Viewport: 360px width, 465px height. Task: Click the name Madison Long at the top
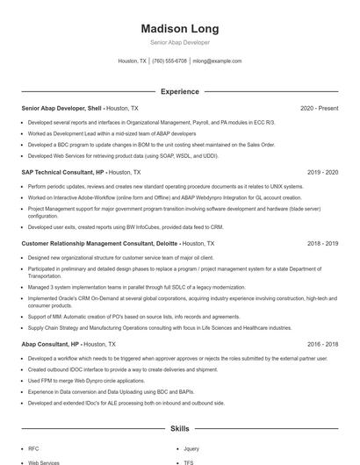click(x=180, y=29)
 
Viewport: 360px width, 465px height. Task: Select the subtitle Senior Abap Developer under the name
click(x=180, y=42)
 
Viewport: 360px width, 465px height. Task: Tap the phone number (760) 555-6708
click(x=169, y=61)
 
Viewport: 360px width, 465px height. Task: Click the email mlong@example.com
click(x=217, y=61)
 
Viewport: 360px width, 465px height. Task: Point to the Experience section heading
click(x=180, y=91)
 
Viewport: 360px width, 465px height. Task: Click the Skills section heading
click(x=180, y=429)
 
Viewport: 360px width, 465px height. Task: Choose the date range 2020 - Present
click(x=319, y=108)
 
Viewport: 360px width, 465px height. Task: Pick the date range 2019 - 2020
click(x=322, y=173)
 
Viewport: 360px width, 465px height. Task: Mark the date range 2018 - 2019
click(x=322, y=242)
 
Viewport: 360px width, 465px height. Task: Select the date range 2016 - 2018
click(x=322, y=345)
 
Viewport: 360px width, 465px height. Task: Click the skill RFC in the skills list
click(x=33, y=448)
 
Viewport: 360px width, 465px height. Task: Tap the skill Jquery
click(x=191, y=448)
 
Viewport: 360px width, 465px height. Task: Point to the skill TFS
click(x=189, y=462)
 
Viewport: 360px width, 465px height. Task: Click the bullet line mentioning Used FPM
click(x=86, y=382)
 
